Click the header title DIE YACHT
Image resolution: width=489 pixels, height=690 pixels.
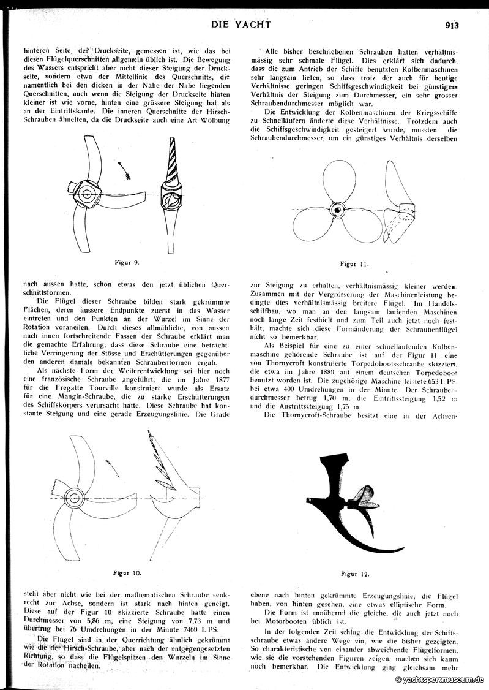(241, 25)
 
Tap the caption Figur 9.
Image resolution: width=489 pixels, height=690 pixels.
(127, 262)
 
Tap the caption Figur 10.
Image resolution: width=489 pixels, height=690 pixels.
(127, 573)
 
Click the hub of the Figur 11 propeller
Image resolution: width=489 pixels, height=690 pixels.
(337, 210)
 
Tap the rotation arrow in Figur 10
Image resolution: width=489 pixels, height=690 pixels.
(114, 467)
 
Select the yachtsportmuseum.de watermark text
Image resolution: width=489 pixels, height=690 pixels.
(440, 680)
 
